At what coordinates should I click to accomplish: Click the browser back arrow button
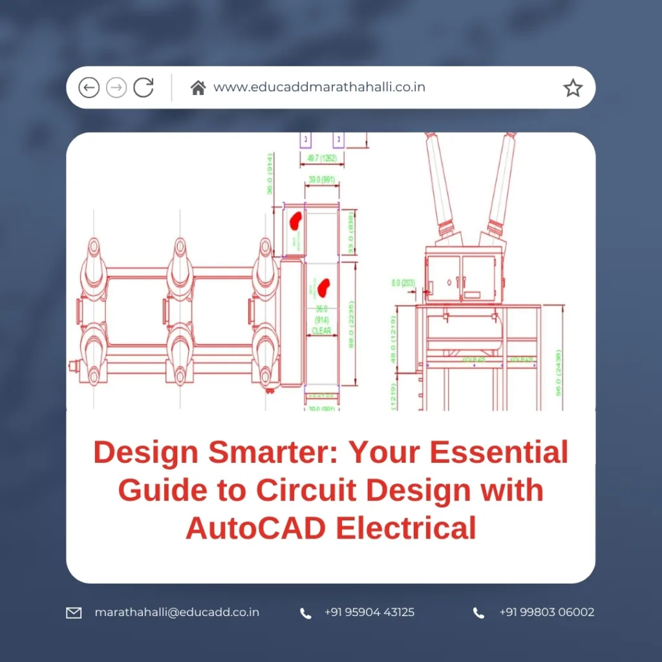pyautogui.click(x=89, y=87)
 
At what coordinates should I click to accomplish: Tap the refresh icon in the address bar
pyautogui.click(x=144, y=87)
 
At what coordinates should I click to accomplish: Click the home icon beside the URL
pyautogui.click(x=198, y=87)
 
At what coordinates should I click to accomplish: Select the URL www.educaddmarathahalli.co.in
pyautogui.click(x=319, y=87)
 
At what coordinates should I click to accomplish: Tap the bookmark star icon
pyautogui.click(x=573, y=88)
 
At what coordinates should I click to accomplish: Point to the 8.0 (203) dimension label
pyautogui.click(x=404, y=283)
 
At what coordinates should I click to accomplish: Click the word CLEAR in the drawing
pyautogui.click(x=321, y=331)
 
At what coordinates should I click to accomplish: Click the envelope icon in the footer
pyautogui.click(x=74, y=612)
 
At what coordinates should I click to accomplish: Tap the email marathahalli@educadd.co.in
pyautogui.click(x=176, y=612)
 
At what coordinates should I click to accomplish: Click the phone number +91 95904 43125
pyautogui.click(x=369, y=612)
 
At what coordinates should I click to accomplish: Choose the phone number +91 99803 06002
pyautogui.click(x=546, y=612)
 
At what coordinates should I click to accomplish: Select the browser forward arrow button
pyautogui.click(x=116, y=87)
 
